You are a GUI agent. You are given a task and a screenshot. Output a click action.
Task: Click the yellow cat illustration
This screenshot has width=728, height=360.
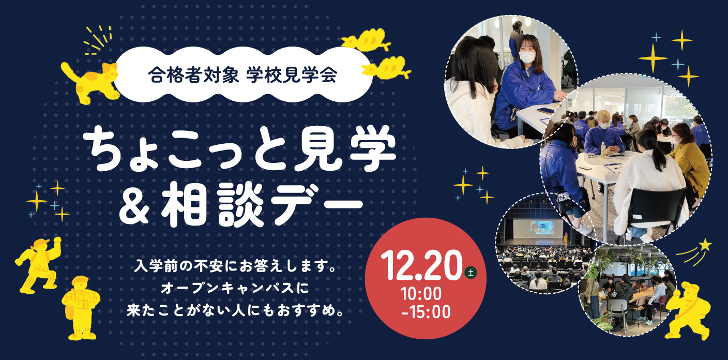click(x=91, y=81)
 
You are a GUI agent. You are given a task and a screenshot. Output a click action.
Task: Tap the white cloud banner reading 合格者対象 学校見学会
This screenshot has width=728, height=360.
click(x=243, y=75)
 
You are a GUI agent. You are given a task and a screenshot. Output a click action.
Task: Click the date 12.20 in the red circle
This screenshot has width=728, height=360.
click(x=421, y=265)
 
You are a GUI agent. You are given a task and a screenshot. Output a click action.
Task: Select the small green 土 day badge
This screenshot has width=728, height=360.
click(x=471, y=272)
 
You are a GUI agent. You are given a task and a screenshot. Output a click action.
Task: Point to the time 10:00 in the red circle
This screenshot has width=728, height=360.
click(x=421, y=294)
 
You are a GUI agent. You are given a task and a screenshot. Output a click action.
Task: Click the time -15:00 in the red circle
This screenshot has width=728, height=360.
click(x=426, y=312)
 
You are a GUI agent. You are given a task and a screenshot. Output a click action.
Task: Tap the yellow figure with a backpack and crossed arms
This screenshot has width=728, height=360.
click(x=81, y=307)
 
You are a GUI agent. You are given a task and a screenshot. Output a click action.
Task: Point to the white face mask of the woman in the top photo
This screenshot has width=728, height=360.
click(x=527, y=57)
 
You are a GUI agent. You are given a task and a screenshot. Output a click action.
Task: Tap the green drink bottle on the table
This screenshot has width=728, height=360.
click(x=603, y=149)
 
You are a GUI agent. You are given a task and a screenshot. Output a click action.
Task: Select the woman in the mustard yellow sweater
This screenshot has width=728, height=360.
click(x=687, y=159)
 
